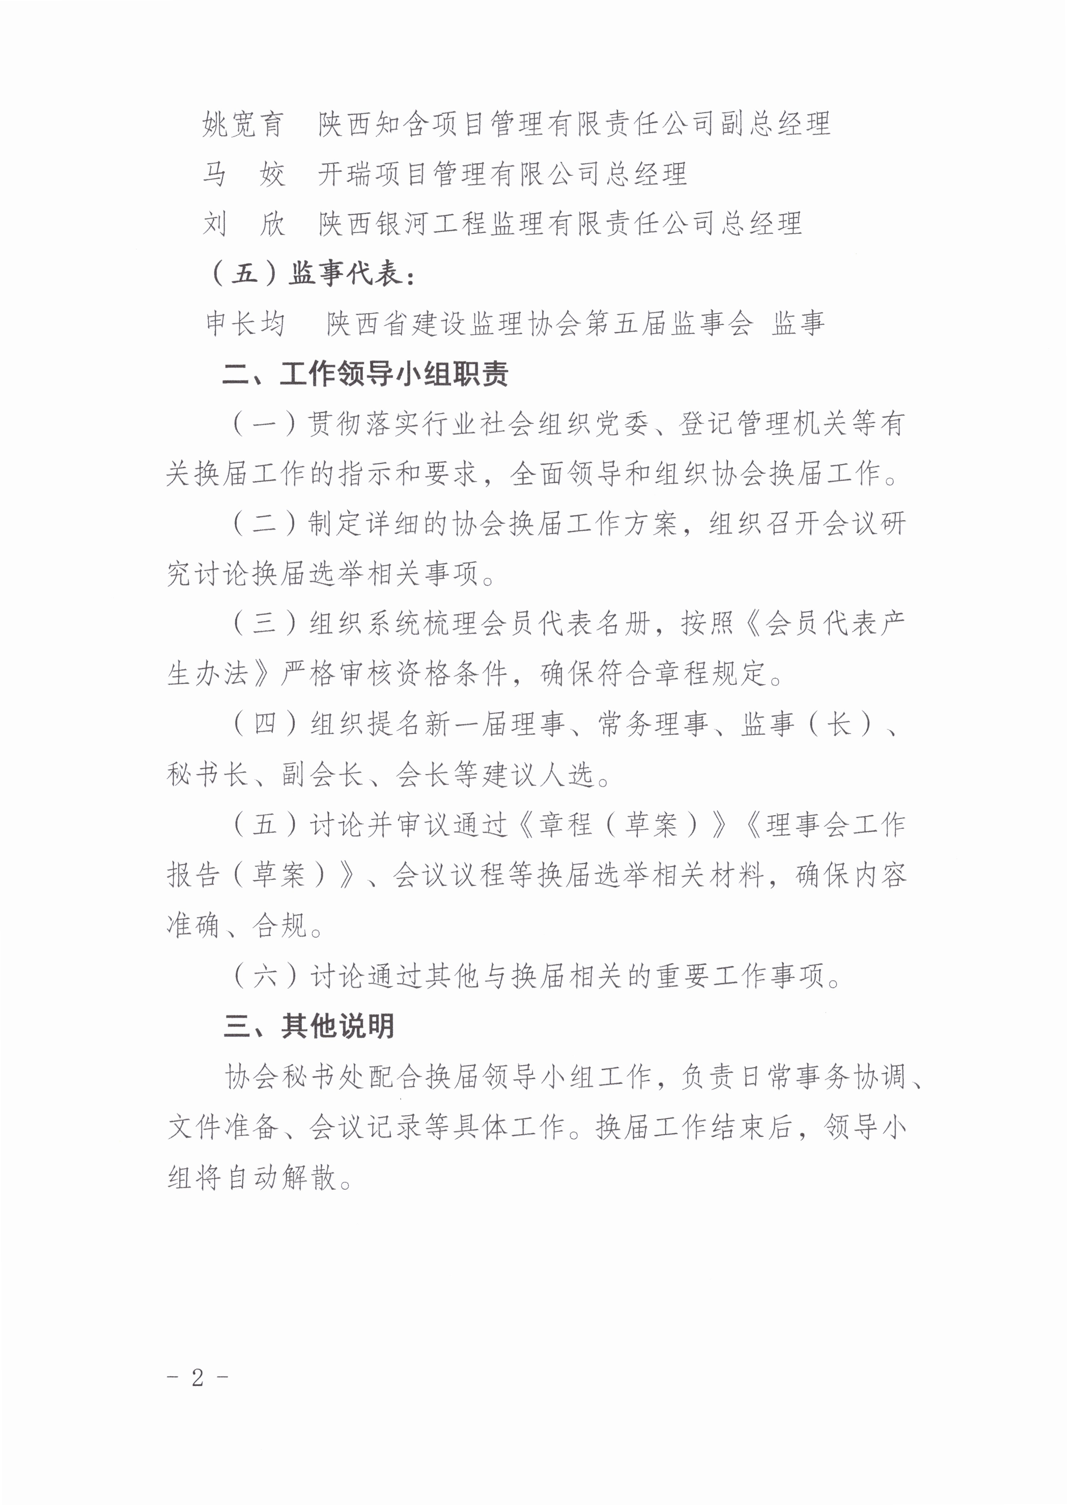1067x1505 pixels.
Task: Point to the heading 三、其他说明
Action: point(309,1026)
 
